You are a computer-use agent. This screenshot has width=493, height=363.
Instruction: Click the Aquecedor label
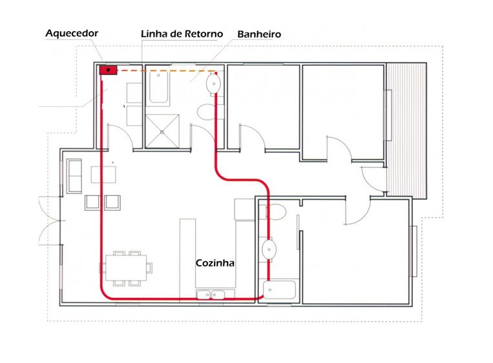[72, 34]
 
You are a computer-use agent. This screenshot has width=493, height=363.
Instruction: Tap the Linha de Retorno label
[182, 34]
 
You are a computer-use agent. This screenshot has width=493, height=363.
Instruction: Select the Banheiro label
[259, 34]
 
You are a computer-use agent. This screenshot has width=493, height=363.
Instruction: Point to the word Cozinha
[215, 263]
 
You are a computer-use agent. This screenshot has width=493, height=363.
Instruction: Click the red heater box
[108, 70]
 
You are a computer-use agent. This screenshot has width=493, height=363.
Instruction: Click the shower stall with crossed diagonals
[162, 131]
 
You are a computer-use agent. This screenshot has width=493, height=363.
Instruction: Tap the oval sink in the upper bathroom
[213, 84]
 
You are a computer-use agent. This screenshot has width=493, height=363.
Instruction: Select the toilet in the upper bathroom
[207, 112]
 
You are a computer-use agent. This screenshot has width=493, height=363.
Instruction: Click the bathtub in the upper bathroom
[158, 87]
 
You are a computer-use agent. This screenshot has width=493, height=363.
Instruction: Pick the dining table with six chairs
[126, 268]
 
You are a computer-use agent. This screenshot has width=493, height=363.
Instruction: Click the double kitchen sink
[211, 295]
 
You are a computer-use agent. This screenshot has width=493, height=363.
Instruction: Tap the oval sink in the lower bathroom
[269, 250]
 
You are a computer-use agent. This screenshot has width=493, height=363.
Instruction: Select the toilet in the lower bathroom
[276, 211]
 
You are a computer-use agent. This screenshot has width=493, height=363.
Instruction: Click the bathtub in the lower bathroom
[279, 290]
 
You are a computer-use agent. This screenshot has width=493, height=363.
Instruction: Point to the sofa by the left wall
[74, 176]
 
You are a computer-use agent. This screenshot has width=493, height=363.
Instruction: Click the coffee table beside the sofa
[103, 175]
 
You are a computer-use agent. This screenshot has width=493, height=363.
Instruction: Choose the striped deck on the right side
[406, 130]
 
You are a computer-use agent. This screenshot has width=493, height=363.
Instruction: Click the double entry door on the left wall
[50, 221]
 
